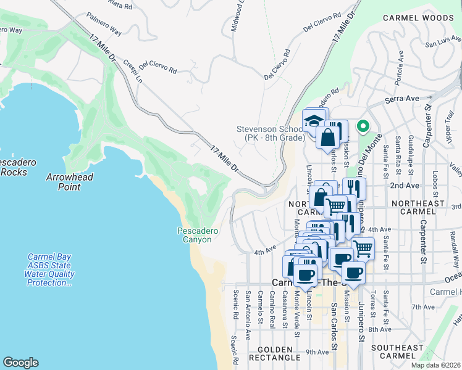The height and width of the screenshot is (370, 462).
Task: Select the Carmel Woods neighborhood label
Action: [x=418, y=18]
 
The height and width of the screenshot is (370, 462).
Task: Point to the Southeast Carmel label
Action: [x=398, y=352]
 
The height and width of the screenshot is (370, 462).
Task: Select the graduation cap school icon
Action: [x=314, y=120]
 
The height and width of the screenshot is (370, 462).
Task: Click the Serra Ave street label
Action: [x=401, y=99]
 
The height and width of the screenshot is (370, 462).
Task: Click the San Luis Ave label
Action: [x=444, y=43]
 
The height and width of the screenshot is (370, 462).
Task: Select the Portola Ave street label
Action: [x=401, y=64]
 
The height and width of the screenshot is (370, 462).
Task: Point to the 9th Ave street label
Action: [x=317, y=352]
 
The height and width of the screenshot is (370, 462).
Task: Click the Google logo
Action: [x=20, y=363]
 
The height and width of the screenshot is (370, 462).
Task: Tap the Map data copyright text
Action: [x=436, y=365]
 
